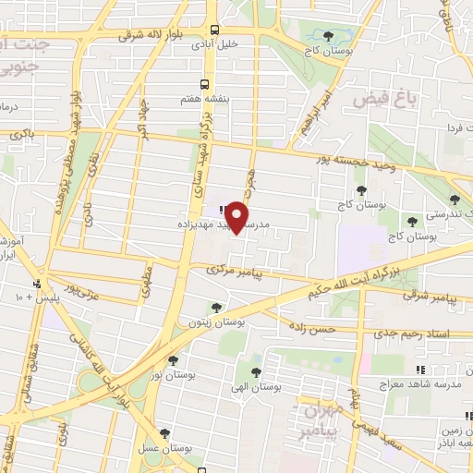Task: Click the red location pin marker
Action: click(237, 216)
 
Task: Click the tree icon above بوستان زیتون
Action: click(216, 308)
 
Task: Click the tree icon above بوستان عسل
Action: click(164, 432)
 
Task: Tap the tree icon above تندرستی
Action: click(453, 199)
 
